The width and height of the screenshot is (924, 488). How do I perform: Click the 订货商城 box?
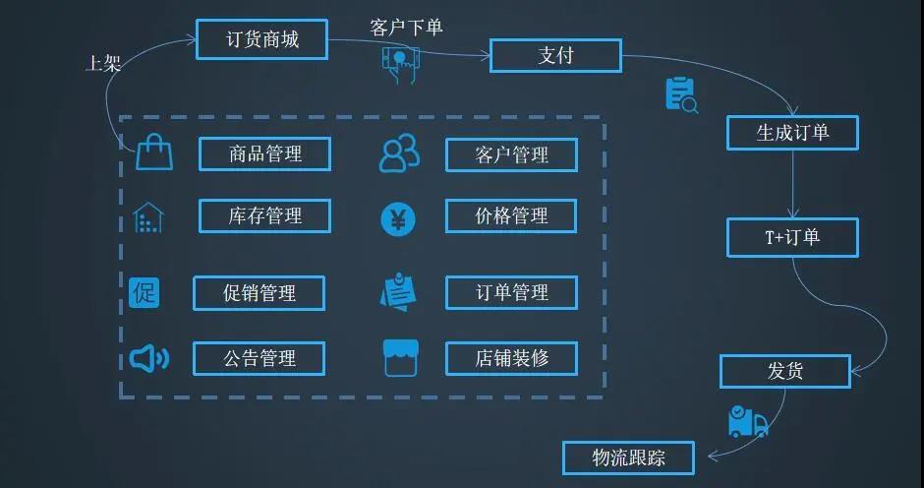(261, 39)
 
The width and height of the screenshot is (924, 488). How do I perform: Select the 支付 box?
(555, 55)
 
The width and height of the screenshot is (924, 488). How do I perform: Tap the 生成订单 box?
(792, 133)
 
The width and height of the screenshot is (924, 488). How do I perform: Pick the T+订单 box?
(792, 237)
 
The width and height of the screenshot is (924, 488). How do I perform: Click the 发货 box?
(785, 371)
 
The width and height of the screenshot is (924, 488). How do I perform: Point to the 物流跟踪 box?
(628, 457)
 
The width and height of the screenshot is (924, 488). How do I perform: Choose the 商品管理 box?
(265, 154)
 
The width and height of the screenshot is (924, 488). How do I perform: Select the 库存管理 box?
(265, 216)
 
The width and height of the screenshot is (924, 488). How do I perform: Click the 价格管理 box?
(511, 216)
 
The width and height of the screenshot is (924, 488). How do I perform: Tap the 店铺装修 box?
(511, 358)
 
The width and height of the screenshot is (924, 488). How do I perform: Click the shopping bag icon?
(154, 152)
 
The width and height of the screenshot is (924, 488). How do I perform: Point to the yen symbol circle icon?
(398, 219)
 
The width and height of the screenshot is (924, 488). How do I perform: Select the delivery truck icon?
(748, 421)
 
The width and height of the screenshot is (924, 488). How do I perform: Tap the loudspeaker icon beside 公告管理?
(149, 357)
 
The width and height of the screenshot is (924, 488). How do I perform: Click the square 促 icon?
(144, 292)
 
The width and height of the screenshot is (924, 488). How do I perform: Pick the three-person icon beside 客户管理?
(399, 153)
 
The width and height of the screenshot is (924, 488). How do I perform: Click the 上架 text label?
(103, 63)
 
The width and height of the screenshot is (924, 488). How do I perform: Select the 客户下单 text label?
(406, 27)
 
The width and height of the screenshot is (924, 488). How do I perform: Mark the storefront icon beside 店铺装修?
(401, 358)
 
